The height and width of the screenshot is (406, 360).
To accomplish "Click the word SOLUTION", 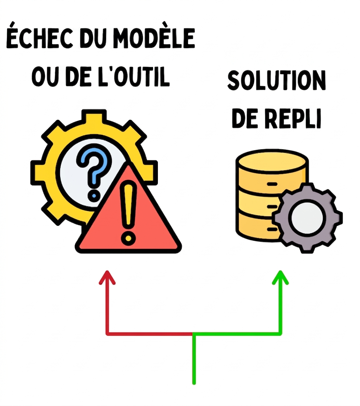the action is tap(276, 81).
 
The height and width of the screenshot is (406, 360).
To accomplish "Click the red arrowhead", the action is tap(107, 277).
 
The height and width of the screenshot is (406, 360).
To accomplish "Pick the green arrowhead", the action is tap(280, 277).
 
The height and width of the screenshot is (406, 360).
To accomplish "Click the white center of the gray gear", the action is tap(307, 217).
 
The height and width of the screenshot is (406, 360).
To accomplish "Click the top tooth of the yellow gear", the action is tap(94, 116).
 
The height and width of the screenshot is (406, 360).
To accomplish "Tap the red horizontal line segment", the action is tap(150, 334).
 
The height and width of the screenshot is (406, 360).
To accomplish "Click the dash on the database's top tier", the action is tap(272, 184).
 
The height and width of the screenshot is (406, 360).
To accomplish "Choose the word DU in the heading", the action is tap(93, 38).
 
